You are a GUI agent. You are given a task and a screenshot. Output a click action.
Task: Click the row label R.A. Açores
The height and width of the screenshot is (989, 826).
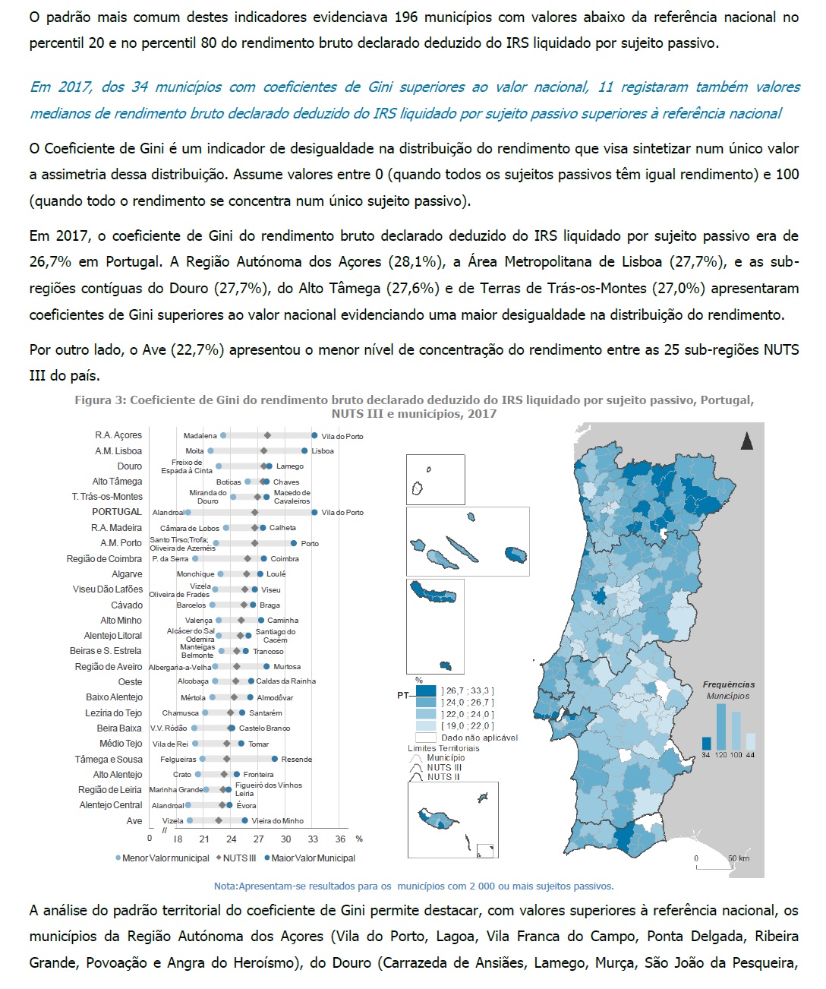[118, 435]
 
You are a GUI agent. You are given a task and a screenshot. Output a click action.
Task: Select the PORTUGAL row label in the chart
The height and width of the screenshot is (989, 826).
[117, 512]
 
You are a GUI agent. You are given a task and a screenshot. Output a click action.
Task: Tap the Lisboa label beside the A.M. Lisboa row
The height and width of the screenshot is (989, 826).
[323, 451]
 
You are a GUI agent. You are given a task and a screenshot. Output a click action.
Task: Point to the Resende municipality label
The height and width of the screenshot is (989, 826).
[296, 760]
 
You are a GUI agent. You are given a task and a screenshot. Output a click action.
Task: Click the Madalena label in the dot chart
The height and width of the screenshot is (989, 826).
[200, 436]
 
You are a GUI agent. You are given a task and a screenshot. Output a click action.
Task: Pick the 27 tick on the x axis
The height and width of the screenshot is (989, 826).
[259, 839]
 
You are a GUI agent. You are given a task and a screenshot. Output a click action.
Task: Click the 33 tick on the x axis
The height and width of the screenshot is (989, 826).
[313, 839]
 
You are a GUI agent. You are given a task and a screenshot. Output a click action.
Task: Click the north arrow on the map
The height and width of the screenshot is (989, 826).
[747, 441]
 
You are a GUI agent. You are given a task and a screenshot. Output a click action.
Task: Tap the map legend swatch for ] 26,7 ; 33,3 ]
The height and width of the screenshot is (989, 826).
[426, 691]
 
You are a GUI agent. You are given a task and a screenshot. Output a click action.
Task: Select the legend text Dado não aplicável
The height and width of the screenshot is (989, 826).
[479, 738]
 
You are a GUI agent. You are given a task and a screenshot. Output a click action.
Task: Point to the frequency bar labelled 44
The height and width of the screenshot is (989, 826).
[750, 741]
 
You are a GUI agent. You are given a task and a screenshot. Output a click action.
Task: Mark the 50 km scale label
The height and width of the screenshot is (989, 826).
[738, 858]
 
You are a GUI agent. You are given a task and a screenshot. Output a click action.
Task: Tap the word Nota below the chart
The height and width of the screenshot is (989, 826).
[225, 886]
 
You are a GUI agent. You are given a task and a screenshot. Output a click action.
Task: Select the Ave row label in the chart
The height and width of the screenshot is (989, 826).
[134, 821]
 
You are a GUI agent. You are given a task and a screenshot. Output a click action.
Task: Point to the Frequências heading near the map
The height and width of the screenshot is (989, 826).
[728, 685]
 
